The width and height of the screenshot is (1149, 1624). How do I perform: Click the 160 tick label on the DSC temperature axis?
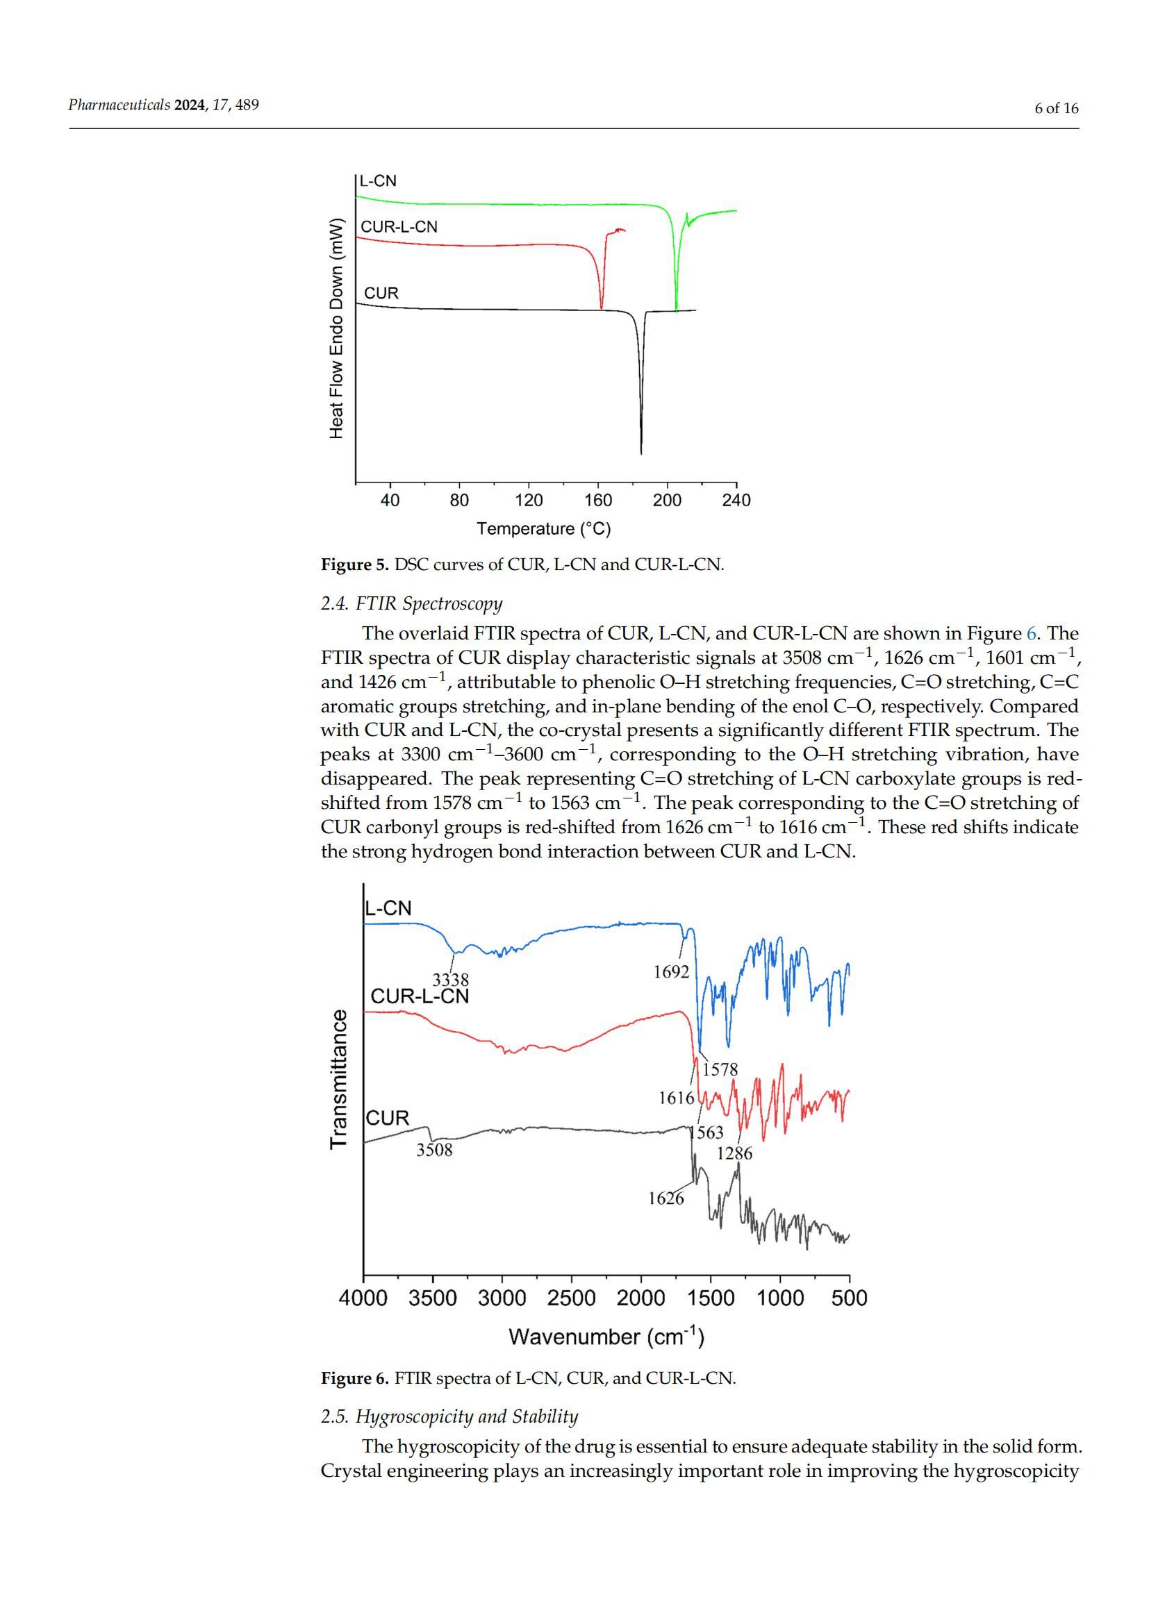tap(598, 500)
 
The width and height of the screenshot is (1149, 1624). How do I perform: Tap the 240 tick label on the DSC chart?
tap(736, 500)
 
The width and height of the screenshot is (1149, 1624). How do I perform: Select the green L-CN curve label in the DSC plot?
tap(379, 181)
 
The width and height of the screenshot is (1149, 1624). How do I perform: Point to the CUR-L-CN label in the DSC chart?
tap(399, 227)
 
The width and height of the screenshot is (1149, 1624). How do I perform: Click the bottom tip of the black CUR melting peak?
tap(641, 453)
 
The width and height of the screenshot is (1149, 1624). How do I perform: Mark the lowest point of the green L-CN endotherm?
tap(677, 310)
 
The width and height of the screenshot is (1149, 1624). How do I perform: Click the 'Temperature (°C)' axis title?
tap(543, 528)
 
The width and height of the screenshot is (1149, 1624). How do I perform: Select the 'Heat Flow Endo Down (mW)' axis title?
tap(337, 329)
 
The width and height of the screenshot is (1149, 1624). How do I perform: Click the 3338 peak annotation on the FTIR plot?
tap(451, 980)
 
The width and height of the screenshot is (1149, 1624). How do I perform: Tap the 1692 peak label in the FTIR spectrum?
tap(671, 972)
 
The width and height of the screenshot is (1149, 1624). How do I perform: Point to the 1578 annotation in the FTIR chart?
tap(720, 1069)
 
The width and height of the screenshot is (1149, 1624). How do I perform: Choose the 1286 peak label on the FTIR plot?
tap(734, 1154)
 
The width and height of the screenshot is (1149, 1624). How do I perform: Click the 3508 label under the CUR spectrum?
tap(433, 1149)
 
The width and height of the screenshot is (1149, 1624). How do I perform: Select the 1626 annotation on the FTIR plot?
tap(666, 1198)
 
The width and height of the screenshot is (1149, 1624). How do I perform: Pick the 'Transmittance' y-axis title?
tap(338, 1080)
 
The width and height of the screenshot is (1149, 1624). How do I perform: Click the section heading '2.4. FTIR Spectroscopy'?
tap(411, 603)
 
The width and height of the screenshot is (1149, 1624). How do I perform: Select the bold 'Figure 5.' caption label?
tap(354, 564)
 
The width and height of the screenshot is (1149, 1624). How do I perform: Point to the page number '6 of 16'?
tap(1057, 108)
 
